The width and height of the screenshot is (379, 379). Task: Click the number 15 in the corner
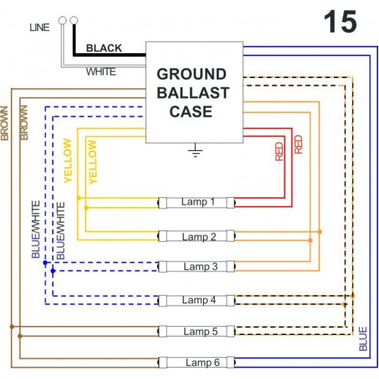340,22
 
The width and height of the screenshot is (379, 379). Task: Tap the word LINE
39,27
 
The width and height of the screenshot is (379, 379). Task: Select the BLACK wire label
104,48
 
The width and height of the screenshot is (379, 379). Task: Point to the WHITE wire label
101,72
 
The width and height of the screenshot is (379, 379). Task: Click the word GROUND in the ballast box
192,74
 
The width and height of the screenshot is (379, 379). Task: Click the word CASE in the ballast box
191,111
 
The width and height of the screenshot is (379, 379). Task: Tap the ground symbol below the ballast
195,150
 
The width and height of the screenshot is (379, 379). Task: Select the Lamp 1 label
198,202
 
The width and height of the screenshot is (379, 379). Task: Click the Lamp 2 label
199,237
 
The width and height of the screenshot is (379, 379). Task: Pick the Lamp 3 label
200,267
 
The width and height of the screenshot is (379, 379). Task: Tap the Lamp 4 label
199,300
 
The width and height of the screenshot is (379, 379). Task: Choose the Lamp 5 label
200,331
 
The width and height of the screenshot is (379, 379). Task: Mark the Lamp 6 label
202,362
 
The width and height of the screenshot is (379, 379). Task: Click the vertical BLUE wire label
363,339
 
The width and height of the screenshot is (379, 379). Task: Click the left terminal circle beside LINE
62,20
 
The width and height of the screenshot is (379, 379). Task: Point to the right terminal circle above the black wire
74,20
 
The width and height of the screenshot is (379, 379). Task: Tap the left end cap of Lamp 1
162,202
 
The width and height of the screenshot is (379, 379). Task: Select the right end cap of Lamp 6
230,362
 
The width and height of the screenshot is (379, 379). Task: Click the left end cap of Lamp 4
162,301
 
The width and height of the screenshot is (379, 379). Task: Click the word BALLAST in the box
193,92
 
